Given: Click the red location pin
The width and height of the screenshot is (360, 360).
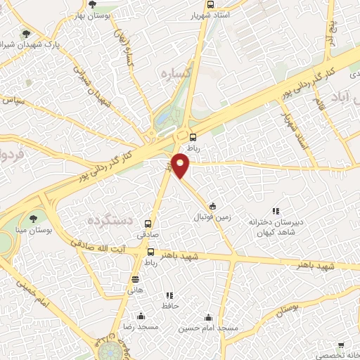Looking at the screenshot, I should click(x=181, y=166).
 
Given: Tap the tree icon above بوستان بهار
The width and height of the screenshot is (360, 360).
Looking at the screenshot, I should click(x=92, y=5).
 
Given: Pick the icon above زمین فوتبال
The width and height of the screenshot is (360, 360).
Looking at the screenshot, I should click(x=212, y=206).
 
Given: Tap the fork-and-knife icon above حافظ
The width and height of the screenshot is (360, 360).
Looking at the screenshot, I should click(x=169, y=295).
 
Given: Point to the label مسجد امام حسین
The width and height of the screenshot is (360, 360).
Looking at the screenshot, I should click(x=207, y=328).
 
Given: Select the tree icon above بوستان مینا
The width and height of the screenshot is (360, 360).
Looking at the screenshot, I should click(x=31, y=219).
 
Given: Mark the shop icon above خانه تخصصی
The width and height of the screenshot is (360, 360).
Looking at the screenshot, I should click(x=341, y=345).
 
